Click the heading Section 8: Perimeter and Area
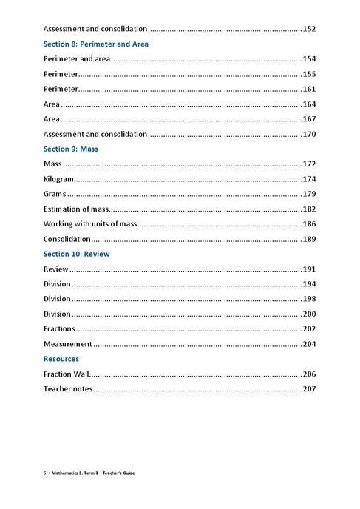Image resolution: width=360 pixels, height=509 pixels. pos(95,44)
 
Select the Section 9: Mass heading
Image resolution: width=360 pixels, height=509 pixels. pos(71,149)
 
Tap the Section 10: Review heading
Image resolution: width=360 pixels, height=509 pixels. pos(76,254)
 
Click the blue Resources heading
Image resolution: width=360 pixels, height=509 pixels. pos(61,359)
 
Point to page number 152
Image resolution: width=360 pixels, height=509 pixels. pos(310,29)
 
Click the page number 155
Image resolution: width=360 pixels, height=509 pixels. pos(310,74)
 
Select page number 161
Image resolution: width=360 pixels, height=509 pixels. pos(310,89)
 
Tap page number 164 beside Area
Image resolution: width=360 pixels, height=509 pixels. pos(310,104)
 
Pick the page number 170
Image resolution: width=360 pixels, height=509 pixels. pos(310,134)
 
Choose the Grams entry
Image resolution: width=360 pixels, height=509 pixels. pos(55,194)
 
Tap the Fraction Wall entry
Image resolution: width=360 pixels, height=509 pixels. pos(66,374)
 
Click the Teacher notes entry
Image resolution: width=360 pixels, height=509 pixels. pos(68,388)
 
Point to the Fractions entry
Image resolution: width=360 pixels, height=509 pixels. pos(59,328)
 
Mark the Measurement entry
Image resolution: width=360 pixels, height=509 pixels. pos(67,344)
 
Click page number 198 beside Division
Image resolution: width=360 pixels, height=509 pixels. pos(310,299)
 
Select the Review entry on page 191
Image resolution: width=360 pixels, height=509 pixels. pos(55,269)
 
